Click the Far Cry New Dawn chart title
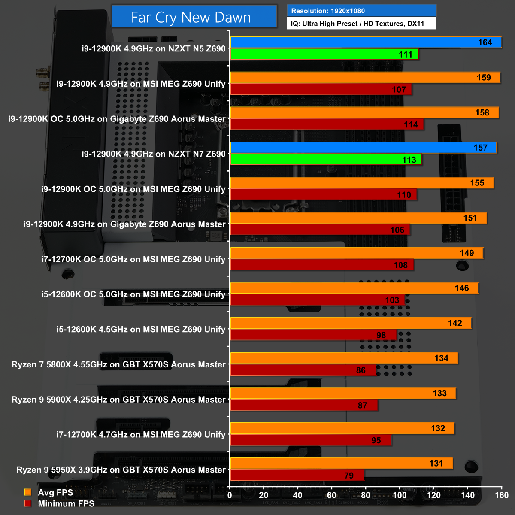coord(191,17)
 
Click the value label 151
coord(470,218)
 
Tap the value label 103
coord(392,300)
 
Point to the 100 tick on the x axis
coord(400,495)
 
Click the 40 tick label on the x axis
coord(297,495)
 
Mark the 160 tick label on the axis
coord(501,495)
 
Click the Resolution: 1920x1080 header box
coord(361,11)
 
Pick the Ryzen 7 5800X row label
coord(118,364)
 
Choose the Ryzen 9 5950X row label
coord(121,470)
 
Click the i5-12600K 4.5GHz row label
coord(141,329)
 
